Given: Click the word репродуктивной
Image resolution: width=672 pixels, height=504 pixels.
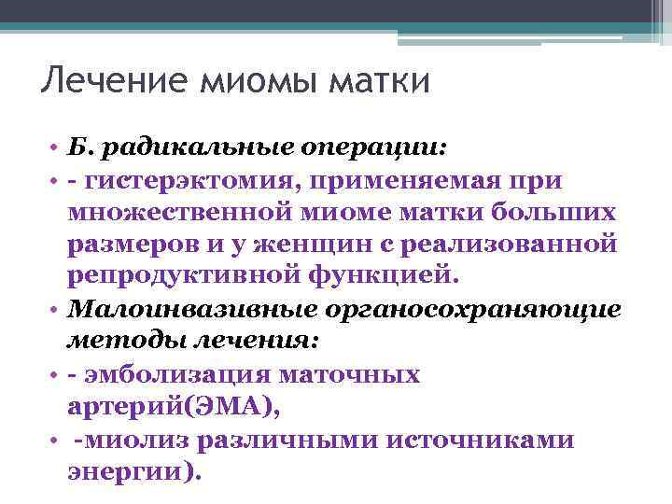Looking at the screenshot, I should (183, 277).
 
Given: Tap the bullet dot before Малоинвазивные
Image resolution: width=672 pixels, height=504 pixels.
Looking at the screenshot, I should (56, 311).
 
